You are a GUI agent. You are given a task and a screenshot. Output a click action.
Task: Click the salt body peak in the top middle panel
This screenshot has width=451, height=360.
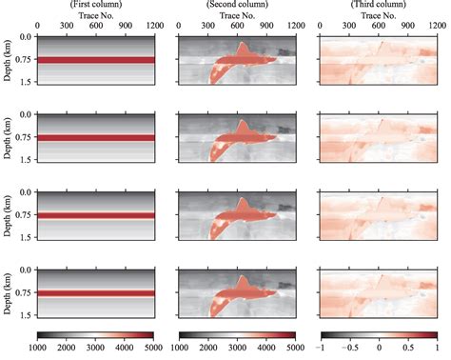pyautogui.click(x=243, y=45)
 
